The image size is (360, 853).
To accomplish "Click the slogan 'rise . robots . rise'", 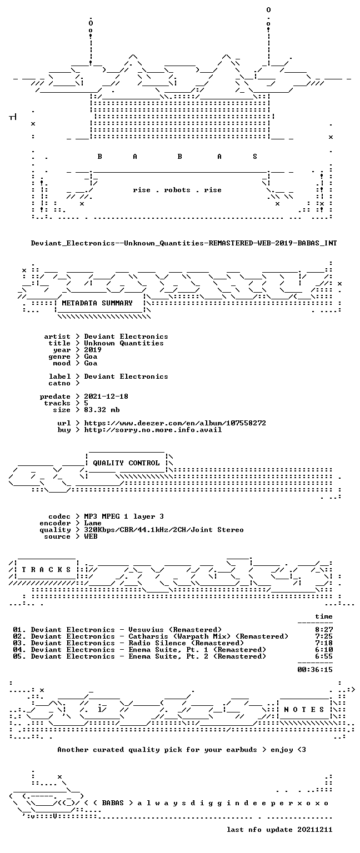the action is tap(177, 190).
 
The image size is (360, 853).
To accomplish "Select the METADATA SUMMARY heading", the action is tap(97, 303).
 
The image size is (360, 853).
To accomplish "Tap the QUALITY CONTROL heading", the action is tap(126, 463).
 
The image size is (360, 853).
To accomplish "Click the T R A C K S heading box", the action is tap(46, 570).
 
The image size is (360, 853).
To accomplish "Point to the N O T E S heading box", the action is tap(304, 709).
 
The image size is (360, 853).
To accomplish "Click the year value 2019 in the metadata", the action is tap(93, 349).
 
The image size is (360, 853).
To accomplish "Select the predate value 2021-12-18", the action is tap(106, 397).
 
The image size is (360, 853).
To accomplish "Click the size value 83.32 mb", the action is tap(102, 410).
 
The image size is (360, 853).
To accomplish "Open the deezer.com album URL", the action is tap(175, 423).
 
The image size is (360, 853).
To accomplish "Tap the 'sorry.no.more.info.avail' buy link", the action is tap(153, 430).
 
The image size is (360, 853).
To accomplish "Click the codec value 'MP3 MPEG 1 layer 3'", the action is tap(124, 516).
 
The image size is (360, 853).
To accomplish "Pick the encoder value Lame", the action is tap(93, 523).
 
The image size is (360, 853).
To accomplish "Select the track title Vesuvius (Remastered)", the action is tap(175, 630).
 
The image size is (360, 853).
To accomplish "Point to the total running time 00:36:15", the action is tap(314, 669).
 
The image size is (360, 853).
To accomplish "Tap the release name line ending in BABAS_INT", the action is tap(184, 243).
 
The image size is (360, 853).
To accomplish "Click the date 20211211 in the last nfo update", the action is tap(314, 830).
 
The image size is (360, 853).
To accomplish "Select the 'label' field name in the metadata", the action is tap(59, 376).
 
